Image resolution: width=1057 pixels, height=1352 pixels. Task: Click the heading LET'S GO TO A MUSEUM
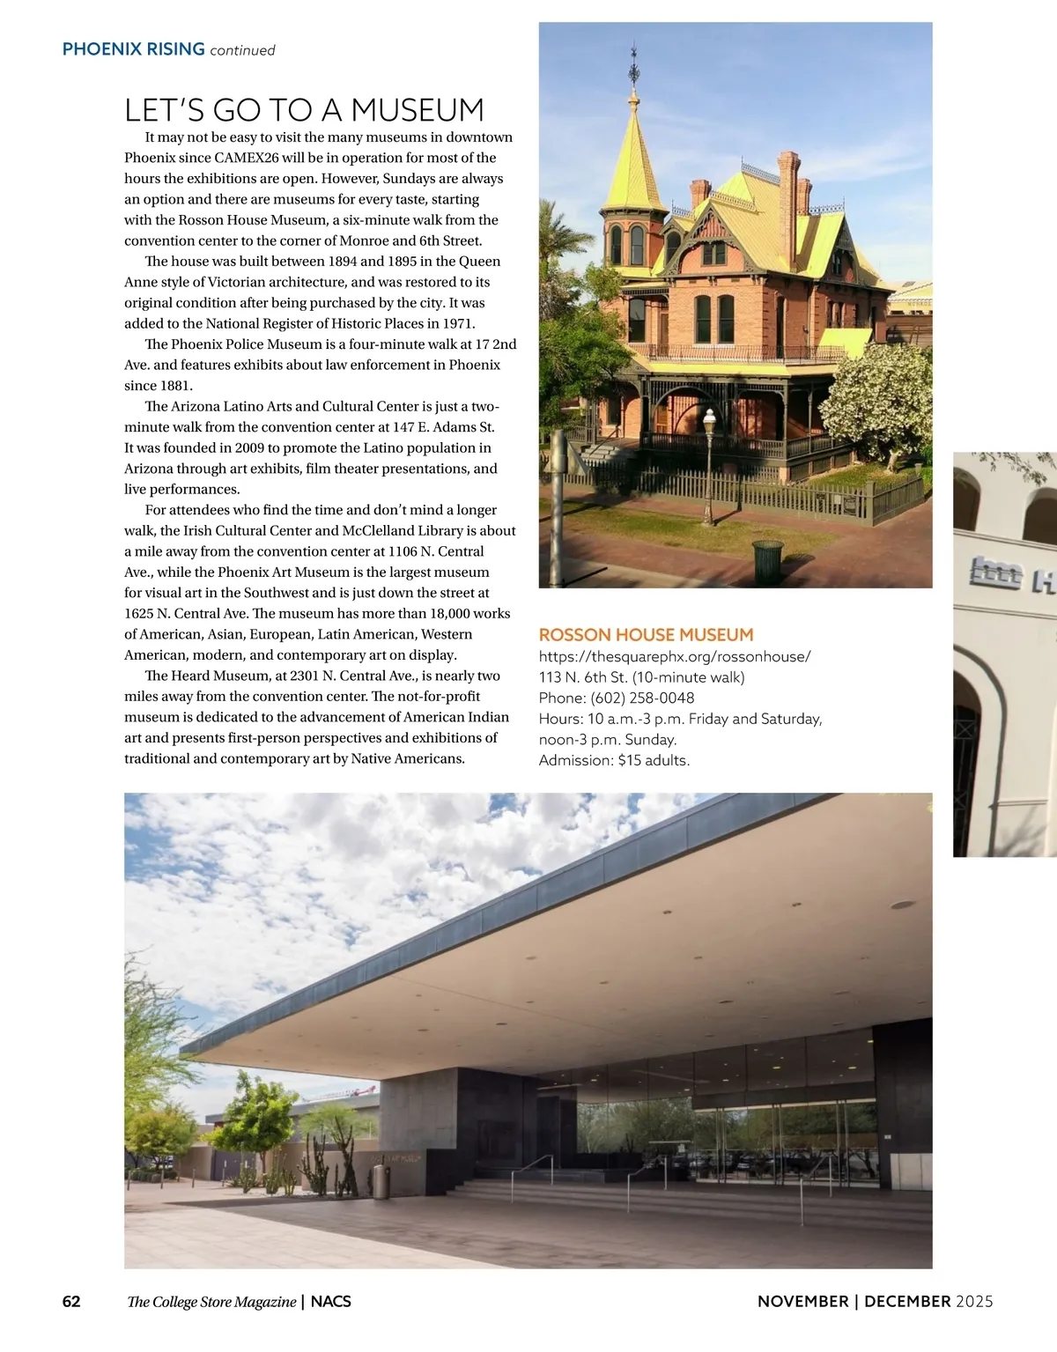pyautogui.click(x=304, y=111)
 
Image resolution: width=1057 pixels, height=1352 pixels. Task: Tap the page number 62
pyautogui.click(x=71, y=1302)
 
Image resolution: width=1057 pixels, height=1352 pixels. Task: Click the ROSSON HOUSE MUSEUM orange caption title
pyautogui.click(x=646, y=635)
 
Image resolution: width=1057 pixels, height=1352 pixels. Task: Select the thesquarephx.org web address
pyautogui.click(x=675, y=656)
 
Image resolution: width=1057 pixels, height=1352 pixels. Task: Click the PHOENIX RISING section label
pyautogui.click(x=133, y=49)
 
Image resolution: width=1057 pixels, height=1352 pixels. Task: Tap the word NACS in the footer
pyautogui.click(x=331, y=1302)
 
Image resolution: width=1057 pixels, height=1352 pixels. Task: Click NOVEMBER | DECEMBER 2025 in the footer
pyautogui.click(x=875, y=1302)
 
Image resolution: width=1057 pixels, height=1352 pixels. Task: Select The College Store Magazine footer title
pyautogui.click(x=211, y=1302)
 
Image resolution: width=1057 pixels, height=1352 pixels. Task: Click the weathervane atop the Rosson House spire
pyautogui.click(x=633, y=67)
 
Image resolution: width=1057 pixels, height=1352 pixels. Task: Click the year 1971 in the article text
pyautogui.click(x=456, y=323)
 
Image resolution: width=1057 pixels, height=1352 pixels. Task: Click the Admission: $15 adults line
pyautogui.click(x=614, y=760)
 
